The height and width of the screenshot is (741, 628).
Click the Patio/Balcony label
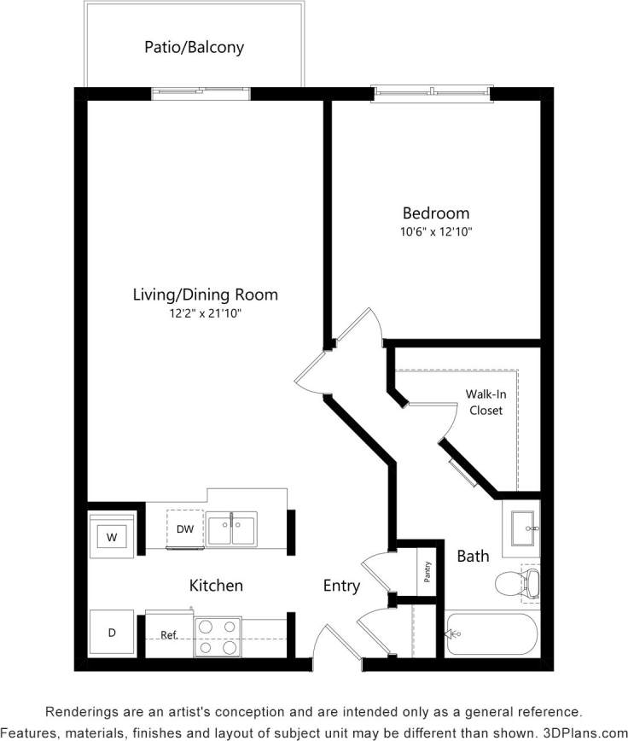[x=194, y=47]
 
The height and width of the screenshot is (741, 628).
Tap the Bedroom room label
[x=436, y=213]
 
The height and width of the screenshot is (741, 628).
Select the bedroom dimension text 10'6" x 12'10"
[x=436, y=231]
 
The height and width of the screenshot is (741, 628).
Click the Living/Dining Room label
[x=205, y=295]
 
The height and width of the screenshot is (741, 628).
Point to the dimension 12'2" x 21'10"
[x=205, y=313]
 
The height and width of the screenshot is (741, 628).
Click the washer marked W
[x=111, y=537]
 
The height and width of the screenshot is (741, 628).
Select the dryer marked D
[x=111, y=633]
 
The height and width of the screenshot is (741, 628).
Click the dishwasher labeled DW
[x=185, y=529]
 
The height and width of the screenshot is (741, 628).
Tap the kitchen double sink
[x=231, y=529]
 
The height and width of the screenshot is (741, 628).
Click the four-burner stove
[x=217, y=637]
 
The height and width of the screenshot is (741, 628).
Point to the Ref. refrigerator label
[x=169, y=635]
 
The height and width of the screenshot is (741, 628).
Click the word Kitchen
[x=216, y=586]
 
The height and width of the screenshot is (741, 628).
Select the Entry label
[x=341, y=586]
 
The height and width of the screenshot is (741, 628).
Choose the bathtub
[x=492, y=634]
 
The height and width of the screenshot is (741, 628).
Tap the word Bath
[x=473, y=557]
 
